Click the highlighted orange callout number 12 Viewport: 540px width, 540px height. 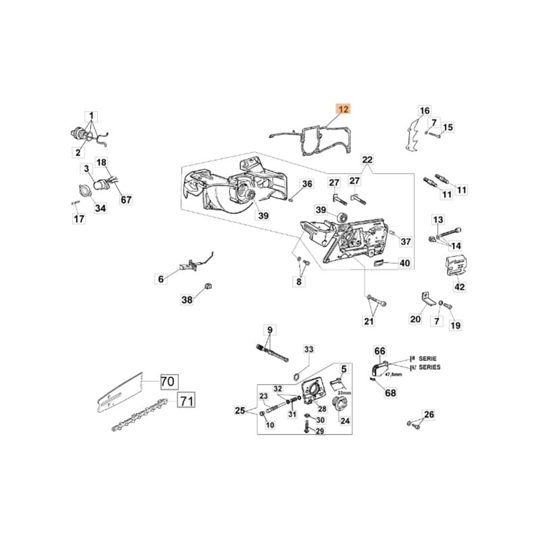(x=344, y=109)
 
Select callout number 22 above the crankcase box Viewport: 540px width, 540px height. (x=367, y=160)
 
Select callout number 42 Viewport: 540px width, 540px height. (x=459, y=287)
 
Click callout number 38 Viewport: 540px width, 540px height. (x=187, y=300)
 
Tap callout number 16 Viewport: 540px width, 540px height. (x=424, y=111)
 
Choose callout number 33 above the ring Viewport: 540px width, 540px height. (x=309, y=350)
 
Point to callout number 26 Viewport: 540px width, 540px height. (x=429, y=414)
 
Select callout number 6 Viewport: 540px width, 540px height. (x=161, y=279)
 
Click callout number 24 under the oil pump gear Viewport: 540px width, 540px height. (x=345, y=421)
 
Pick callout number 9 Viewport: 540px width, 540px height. (x=269, y=330)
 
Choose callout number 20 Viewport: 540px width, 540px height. (x=416, y=320)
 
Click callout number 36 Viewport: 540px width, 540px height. (x=306, y=184)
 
